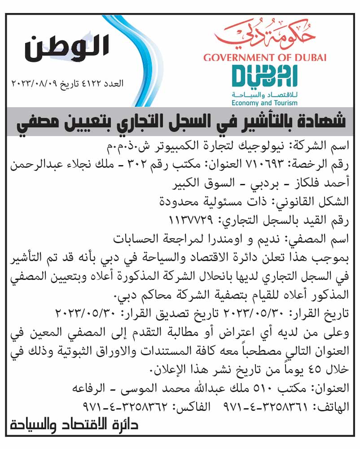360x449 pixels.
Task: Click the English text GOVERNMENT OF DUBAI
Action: [x=265, y=57]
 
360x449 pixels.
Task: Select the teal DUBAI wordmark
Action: [x=264, y=77]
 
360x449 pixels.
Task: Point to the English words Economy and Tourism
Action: [x=264, y=103]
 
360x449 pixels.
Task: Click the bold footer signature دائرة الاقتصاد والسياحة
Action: [x=74, y=425]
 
